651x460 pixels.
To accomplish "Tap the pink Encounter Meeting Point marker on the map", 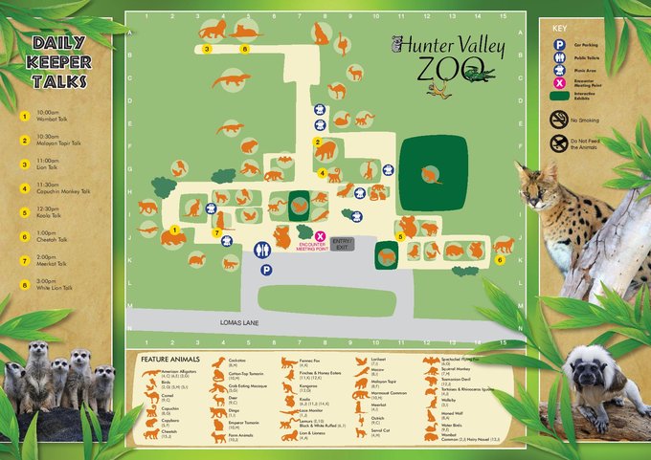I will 321,236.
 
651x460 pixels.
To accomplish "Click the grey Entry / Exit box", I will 342,243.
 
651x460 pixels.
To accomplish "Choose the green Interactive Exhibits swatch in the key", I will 559,94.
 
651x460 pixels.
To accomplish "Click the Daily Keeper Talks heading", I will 61,62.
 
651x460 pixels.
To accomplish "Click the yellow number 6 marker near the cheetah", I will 499,259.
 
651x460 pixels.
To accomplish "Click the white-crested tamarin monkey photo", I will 598,383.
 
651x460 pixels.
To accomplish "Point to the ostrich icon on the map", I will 341,41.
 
